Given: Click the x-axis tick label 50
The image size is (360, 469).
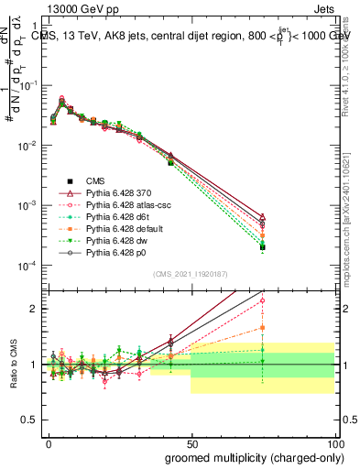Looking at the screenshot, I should tap(191, 442).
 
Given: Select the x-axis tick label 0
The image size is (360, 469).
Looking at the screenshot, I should tap(48, 442).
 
